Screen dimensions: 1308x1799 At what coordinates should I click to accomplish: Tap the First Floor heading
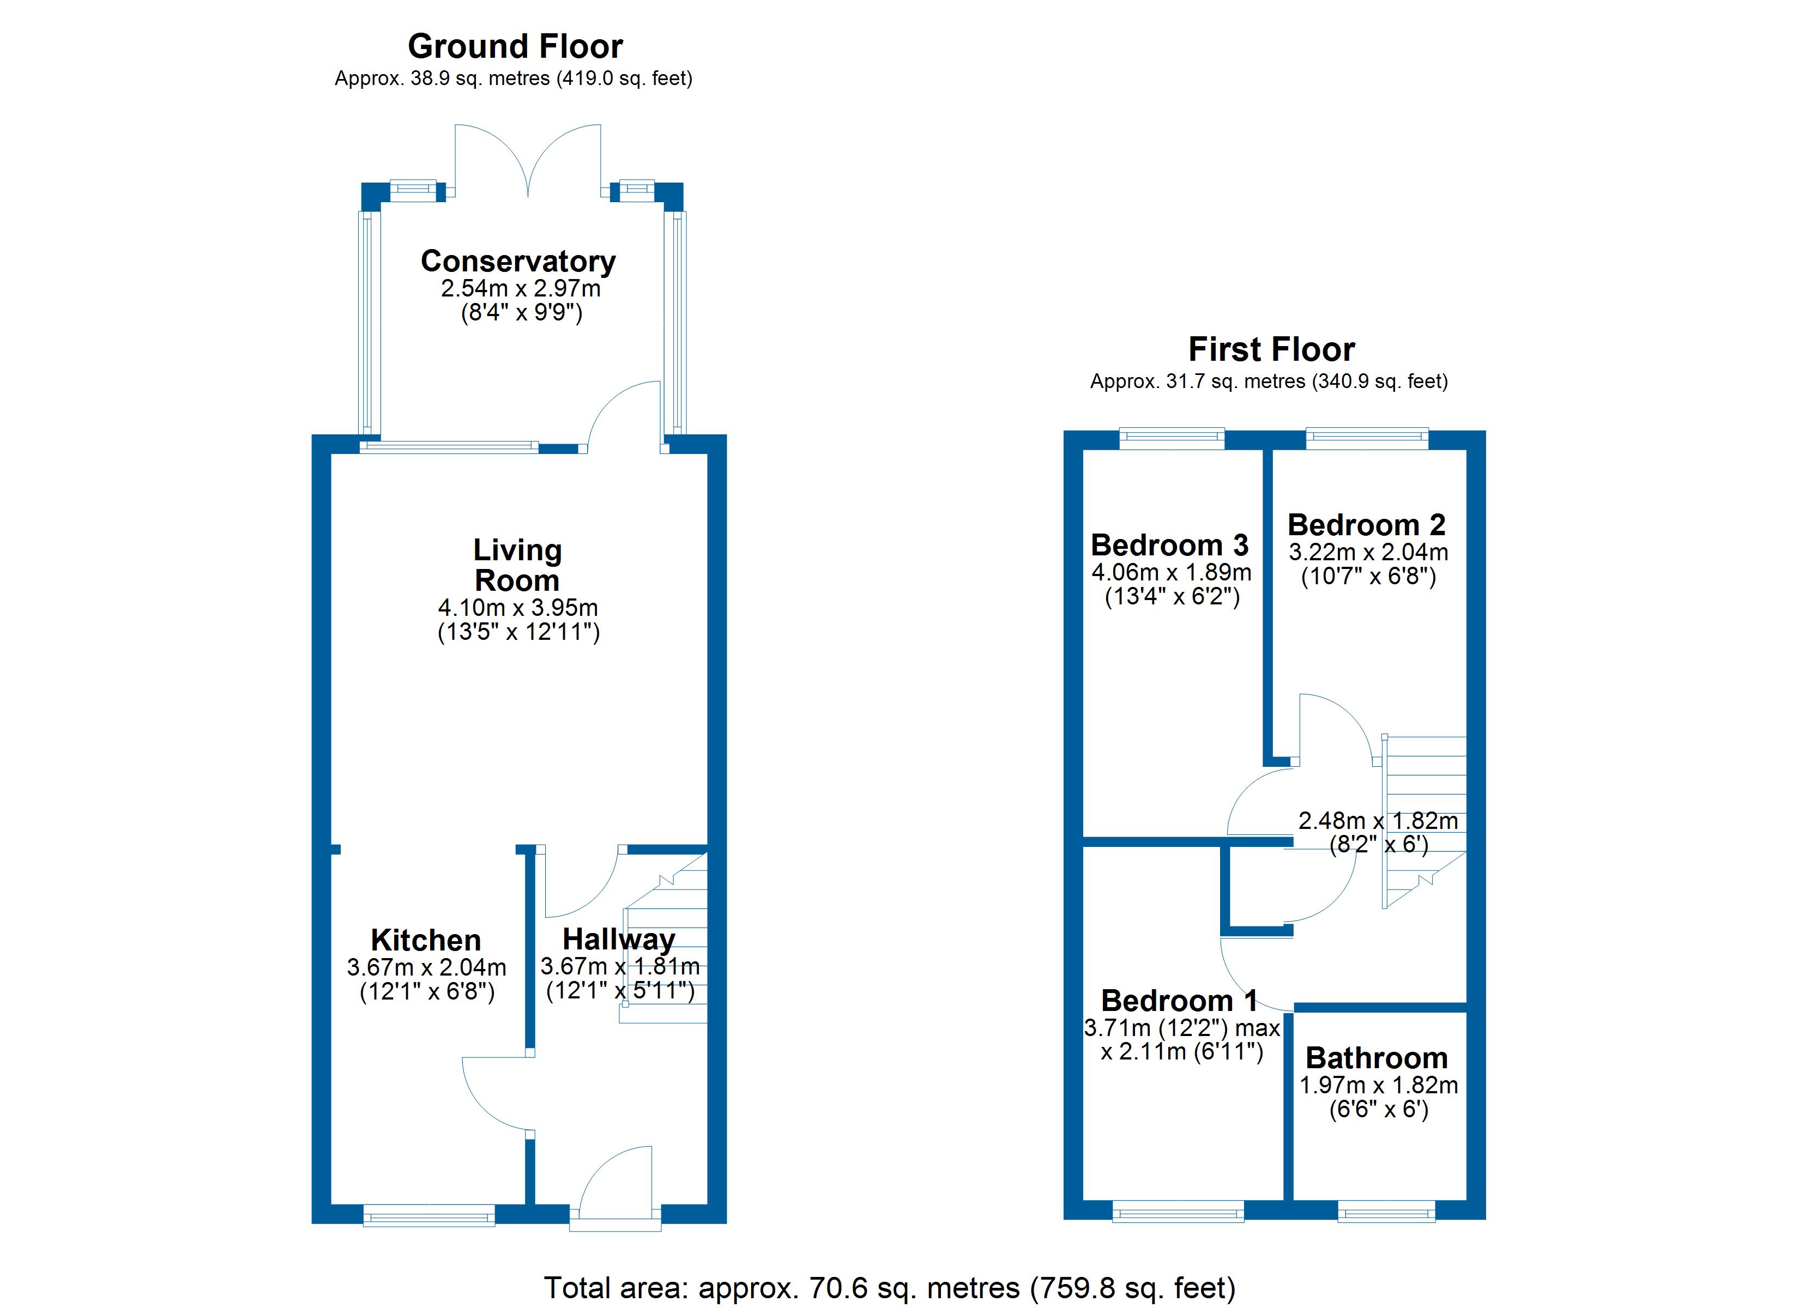(x=1271, y=349)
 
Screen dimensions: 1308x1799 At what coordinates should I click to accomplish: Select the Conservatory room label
(x=518, y=261)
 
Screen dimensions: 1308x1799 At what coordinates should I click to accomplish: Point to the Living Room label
(x=517, y=565)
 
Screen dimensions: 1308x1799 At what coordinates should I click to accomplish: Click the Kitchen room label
(x=426, y=940)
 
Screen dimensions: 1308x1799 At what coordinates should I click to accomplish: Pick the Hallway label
(x=619, y=939)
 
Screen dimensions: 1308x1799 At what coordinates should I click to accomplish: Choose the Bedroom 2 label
(x=1367, y=524)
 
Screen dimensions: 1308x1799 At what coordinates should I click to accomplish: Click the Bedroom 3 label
(x=1169, y=545)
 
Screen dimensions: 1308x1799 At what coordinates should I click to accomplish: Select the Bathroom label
(x=1377, y=1058)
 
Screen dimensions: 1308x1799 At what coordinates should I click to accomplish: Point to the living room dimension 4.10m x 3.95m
(x=518, y=608)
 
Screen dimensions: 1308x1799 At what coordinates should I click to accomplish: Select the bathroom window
(x=1386, y=1211)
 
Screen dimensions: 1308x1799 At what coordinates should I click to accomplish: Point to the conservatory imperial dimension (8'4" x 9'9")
(x=522, y=312)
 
